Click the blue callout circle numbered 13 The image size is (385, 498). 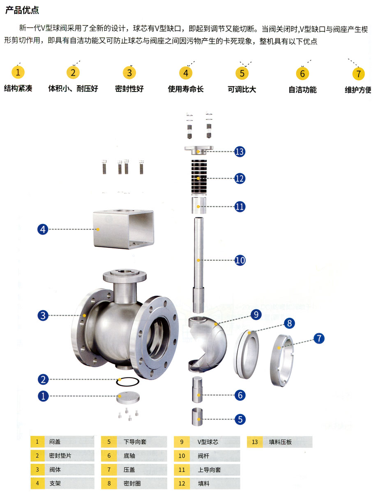click(x=240, y=152)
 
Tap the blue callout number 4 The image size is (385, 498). click(x=43, y=229)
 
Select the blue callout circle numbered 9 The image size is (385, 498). click(x=256, y=315)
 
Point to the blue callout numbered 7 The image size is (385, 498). click(x=319, y=338)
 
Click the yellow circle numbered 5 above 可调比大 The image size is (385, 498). click(x=242, y=73)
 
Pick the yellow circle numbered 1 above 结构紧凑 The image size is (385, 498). click(x=18, y=72)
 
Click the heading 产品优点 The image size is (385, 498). click(x=22, y=10)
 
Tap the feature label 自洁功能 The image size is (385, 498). click(x=302, y=90)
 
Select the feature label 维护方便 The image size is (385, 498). click(x=358, y=90)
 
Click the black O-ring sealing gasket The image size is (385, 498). click(x=128, y=382)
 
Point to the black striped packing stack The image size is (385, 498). click(x=199, y=177)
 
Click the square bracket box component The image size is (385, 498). click(x=124, y=229)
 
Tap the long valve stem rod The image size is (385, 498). click(x=198, y=265)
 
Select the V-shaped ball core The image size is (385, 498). click(x=207, y=343)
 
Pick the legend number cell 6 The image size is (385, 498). click(x=109, y=456)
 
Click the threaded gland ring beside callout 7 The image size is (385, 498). click(x=282, y=361)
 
